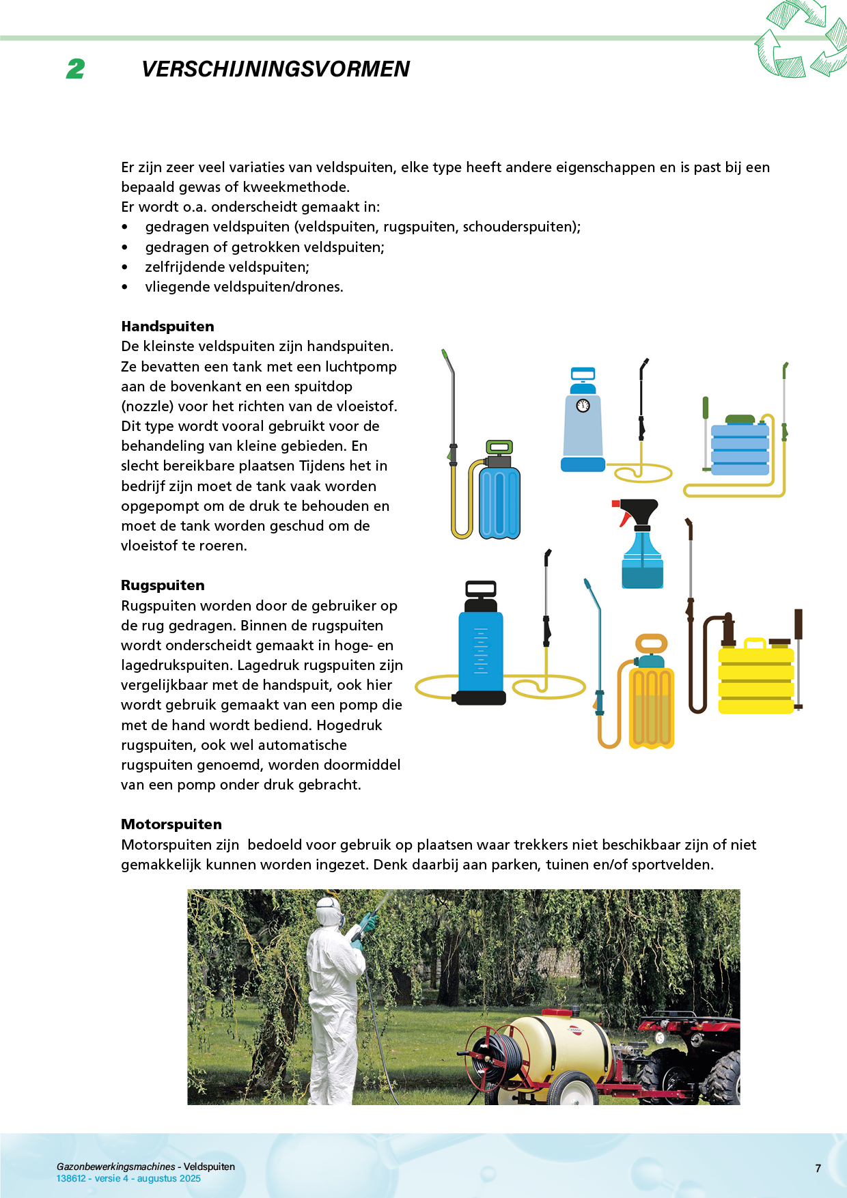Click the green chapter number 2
pos(76,69)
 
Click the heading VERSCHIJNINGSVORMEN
pos(275,69)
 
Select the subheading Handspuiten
pos(167,326)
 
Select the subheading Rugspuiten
pos(163,585)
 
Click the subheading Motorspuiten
pos(171,824)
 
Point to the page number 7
pos(818,1169)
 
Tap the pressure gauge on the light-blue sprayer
pos(583,406)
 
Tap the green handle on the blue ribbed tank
pos(499,448)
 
